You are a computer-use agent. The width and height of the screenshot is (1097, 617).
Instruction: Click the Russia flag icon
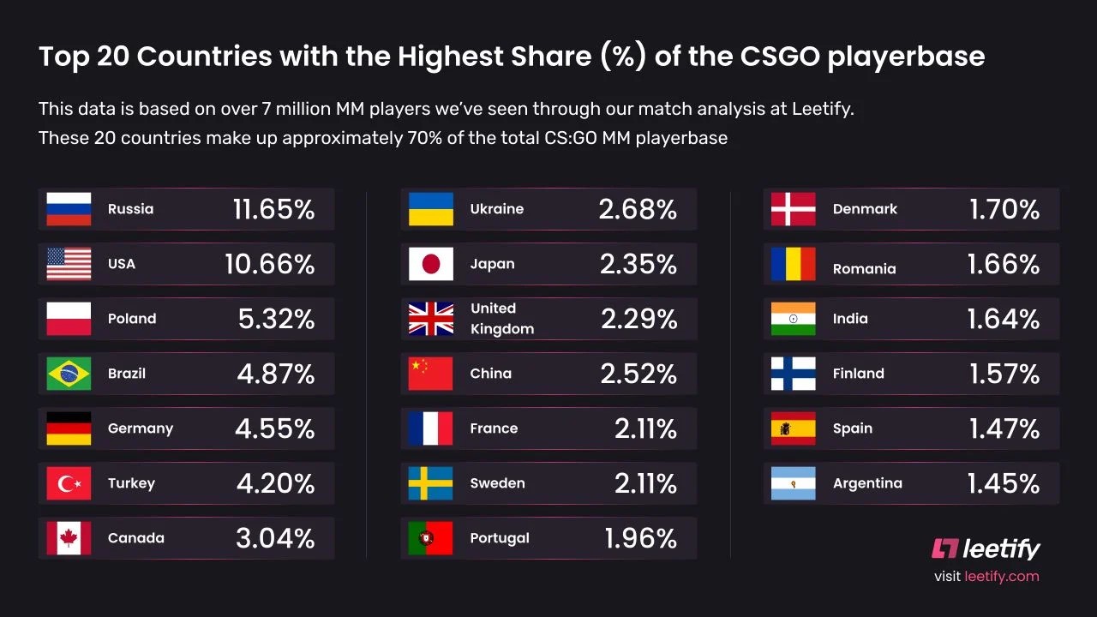click(x=69, y=209)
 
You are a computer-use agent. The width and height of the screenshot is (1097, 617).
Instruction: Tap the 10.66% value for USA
click(x=269, y=264)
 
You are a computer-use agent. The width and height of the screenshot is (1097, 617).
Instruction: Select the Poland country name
click(x=132, y=319)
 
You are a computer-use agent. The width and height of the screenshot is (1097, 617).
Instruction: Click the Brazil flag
click(x=69, y=374)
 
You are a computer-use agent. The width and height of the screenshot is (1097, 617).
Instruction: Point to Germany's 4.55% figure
click(x=274, y=428)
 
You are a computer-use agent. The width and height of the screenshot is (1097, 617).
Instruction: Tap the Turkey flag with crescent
click(x=69, y=483)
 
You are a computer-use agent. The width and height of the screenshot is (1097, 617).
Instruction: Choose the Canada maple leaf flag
click(x=69, y=538)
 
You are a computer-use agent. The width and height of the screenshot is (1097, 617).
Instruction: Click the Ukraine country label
click(x=496, y=209)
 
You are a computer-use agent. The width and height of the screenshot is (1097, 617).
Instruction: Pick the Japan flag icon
click(x=430, y=264)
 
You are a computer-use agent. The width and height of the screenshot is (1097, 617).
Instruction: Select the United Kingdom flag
click(x=430, y=319)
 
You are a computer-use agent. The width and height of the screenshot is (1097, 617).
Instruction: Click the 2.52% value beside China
click(x=637, y=374)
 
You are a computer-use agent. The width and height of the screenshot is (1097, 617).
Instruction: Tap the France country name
click(x=494, y=428)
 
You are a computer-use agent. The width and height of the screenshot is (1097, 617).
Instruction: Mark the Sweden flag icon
click(x=430, y=483)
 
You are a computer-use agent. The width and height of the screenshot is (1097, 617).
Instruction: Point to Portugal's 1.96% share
click(x=640, y=538)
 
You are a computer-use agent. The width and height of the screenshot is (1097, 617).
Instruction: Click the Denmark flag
click(x=793, y=209)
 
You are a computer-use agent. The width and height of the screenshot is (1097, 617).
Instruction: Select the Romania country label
click(x=864, y=269)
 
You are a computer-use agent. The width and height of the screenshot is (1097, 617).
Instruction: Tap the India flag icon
click(x=793, y=319)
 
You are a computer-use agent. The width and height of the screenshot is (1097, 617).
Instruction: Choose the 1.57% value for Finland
click(x=1004, y=374)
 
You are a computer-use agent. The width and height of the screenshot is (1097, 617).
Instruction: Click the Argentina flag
click(x=793, y=483)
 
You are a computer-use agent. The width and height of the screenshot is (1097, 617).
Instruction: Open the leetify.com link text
click(x=1001, y=577)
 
